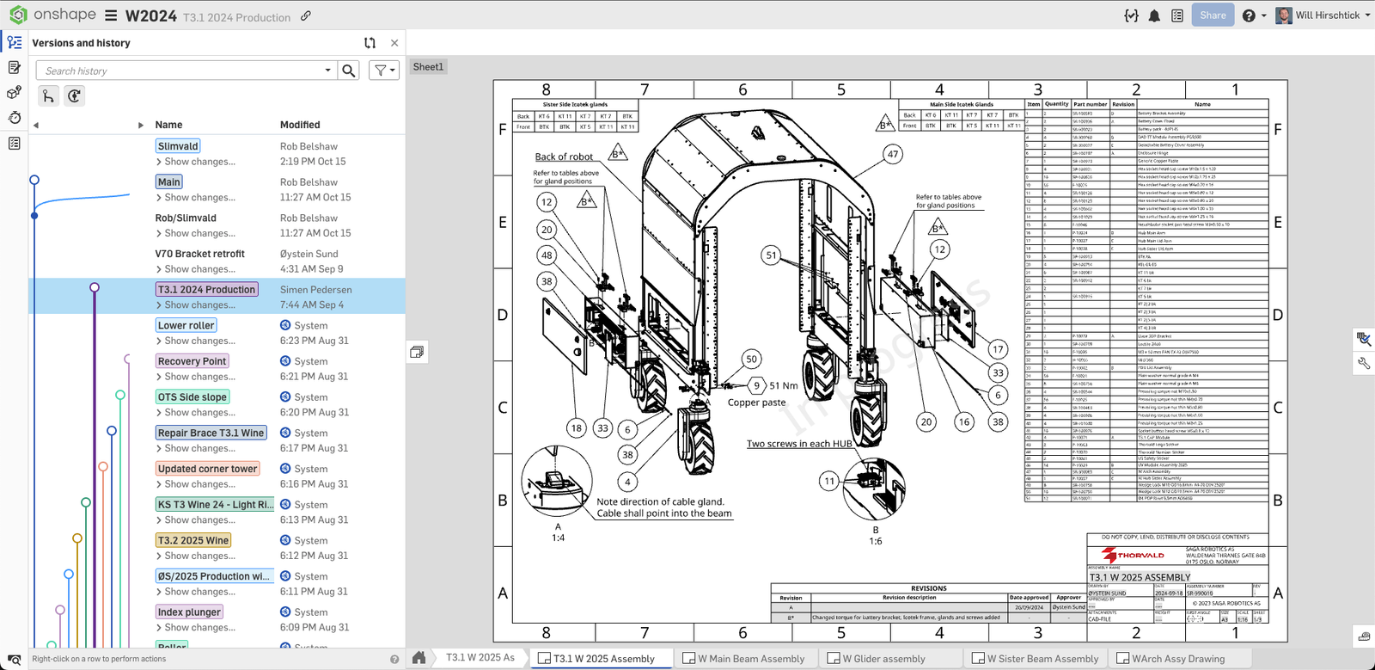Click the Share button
1213,15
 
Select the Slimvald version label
178,146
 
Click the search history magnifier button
348,71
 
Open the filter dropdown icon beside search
383,71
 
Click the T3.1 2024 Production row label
206,290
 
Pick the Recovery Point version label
192,361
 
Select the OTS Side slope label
192,397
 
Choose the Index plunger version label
189,612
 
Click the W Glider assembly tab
883,659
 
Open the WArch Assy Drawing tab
1177,659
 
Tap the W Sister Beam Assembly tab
1042,659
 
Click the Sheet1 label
428,67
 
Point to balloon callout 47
893,155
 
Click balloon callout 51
771,255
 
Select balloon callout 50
751,360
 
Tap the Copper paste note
756,403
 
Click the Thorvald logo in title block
1134,556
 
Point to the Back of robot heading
564,157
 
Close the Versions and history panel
394,43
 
